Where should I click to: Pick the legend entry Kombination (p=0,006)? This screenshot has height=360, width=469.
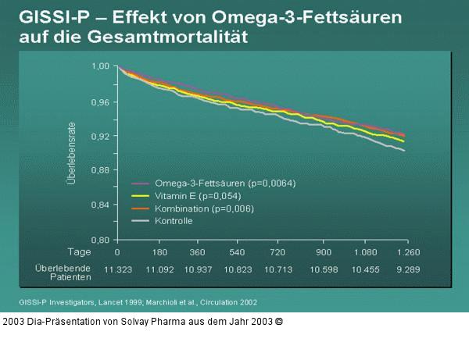(204, 209)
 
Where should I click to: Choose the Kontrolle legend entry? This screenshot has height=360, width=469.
(174, 221)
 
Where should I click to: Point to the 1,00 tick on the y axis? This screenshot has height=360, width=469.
(101, 66)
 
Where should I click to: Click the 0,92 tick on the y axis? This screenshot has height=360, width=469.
(101, 136)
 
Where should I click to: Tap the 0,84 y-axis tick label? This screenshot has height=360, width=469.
(101, 205)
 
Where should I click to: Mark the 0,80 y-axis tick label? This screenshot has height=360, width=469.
(101, 240)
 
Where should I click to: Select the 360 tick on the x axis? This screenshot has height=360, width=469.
(198, 252)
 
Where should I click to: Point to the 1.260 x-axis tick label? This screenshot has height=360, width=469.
(408, 252)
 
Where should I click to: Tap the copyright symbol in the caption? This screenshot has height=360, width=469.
(278, 321)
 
